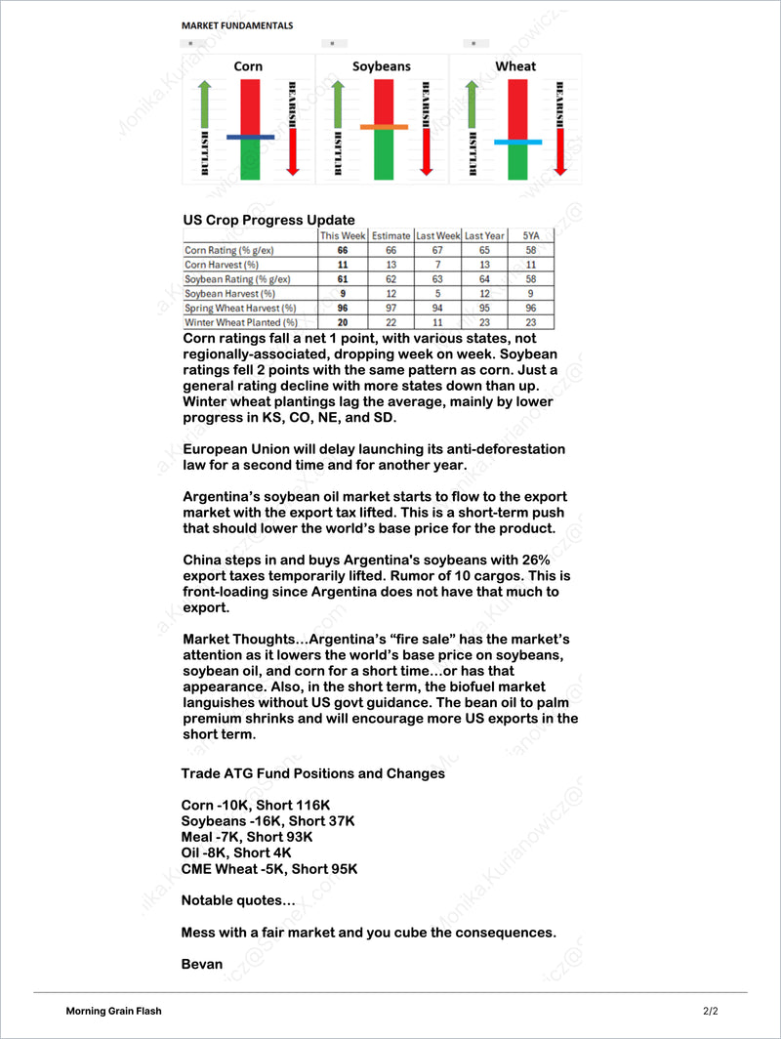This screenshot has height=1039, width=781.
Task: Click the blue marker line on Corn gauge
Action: coord(250,138)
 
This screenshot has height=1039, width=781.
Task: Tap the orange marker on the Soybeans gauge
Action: coord(383,127)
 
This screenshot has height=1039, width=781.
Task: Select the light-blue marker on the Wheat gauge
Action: coord(517,142)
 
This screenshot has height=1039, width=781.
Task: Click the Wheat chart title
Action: coord(515,66)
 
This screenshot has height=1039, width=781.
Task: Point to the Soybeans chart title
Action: coord(382,66)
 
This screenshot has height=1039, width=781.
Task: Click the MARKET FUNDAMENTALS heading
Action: coord(237,25)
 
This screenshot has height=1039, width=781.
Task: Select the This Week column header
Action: coord(343,235)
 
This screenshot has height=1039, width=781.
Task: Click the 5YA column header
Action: coord(531,235)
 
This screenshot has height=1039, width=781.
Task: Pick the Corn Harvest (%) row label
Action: coord(222,265)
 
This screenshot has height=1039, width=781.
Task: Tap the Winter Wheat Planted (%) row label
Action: coord(241,322)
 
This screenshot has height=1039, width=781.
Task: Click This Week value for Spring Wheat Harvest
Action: coord(343,308)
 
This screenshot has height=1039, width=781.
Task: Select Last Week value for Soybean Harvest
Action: coord(437,293)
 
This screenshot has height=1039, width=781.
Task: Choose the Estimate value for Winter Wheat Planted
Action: coord(390,322)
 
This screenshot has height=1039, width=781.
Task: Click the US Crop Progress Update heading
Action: coord(268,220)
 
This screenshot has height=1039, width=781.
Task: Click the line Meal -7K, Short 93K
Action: coord(247,837)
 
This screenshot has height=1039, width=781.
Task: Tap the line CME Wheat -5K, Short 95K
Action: coord(269,868)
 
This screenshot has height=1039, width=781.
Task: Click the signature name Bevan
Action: coord(202,964)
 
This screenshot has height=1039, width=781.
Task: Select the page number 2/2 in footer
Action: coord(710,1011)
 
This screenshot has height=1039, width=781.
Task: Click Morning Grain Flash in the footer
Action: coord(114,1011)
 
